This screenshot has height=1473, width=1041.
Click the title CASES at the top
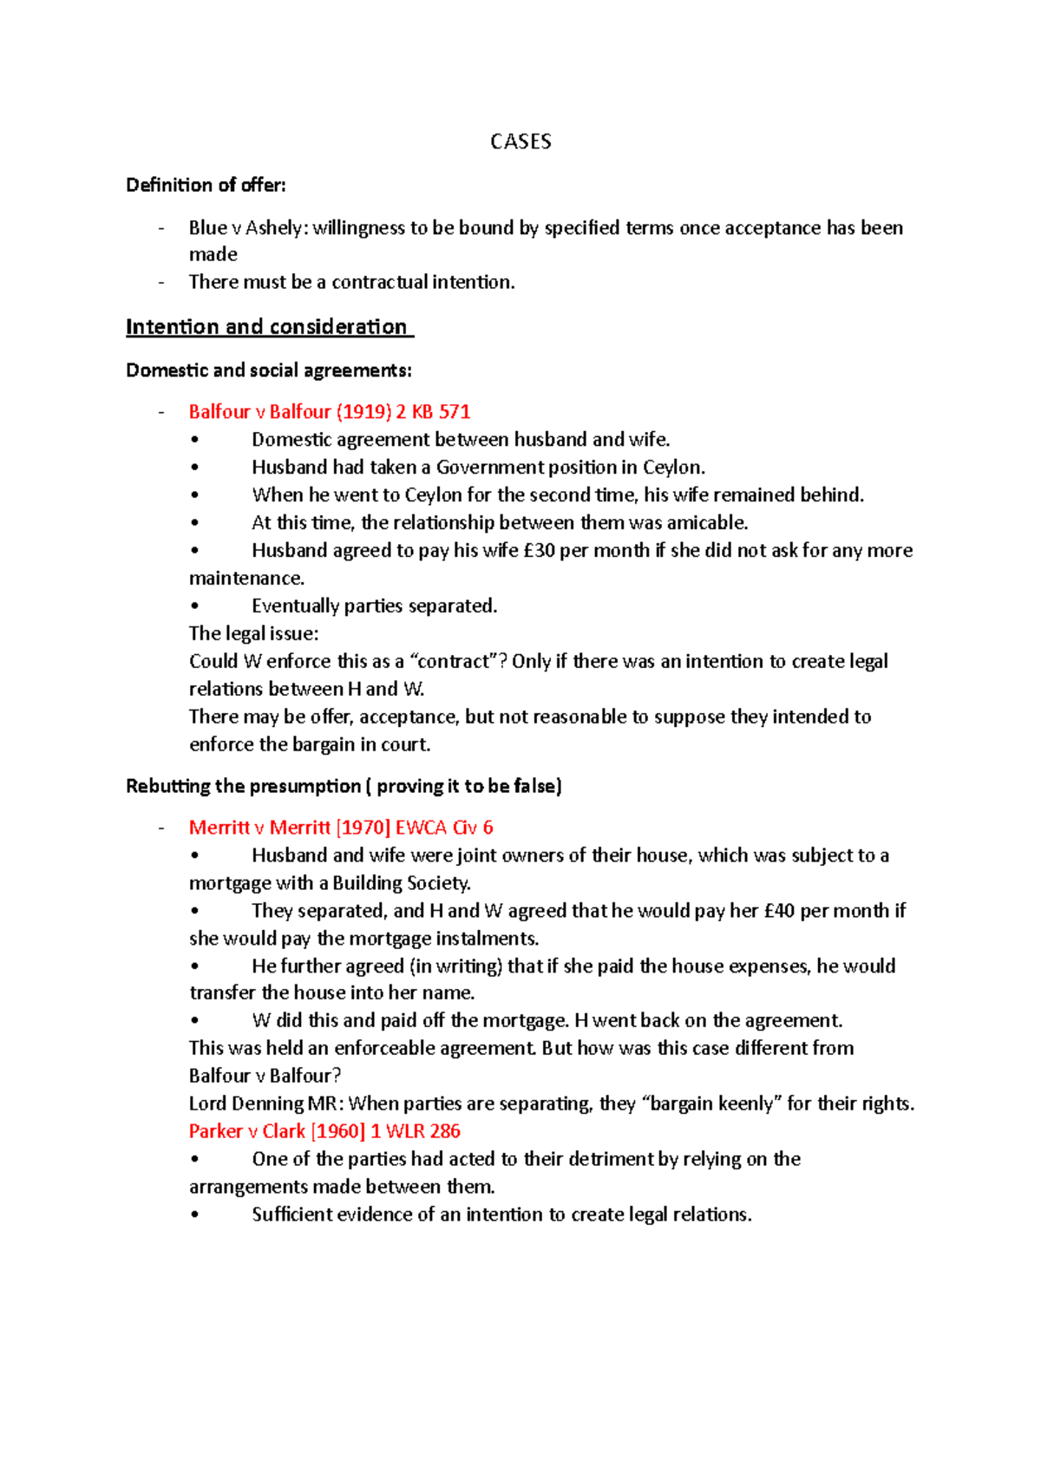point(520,141)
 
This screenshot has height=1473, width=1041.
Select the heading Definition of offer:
point(206,185)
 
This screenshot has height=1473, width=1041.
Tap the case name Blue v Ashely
point(246,228)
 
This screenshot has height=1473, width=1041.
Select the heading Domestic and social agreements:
point(269,370)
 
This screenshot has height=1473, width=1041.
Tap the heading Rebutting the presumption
point(243,786)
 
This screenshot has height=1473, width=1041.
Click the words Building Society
point(401,883)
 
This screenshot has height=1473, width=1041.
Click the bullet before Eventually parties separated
point(194,606)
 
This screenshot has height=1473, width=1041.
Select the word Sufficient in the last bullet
point(293,1214)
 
